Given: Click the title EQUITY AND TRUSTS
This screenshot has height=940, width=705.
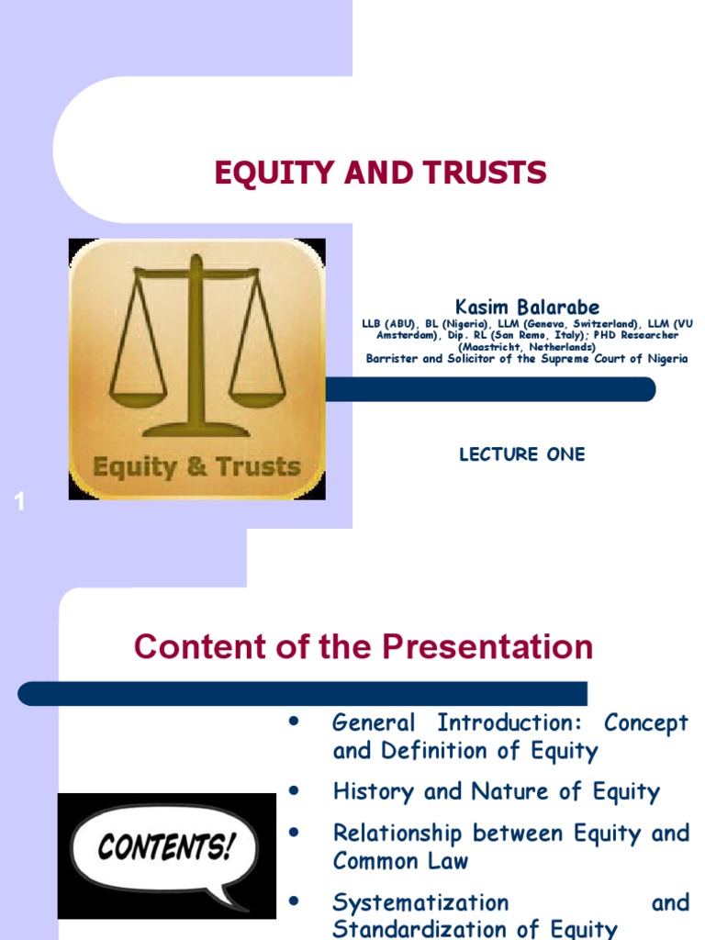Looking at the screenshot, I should pyautogui.click(x=380, y=173).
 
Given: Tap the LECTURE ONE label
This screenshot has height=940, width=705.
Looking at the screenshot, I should pyautogui.click(x=521, y=454).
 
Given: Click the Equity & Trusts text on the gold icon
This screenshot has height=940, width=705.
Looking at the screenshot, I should pyautogui.click(x=196, y=467).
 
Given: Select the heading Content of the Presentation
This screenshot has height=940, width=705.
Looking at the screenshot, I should pyautogui.click(x=364, y=647).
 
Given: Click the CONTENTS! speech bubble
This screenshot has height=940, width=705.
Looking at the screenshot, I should pyautogui.click(x=165, y=846).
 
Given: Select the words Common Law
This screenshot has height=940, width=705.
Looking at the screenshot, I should pyautogui.click(x=400, y=861).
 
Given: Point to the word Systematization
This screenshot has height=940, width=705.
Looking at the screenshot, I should pyautogui.click(x=420, y=902).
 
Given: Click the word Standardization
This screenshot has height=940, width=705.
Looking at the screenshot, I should pyautogui.click(x=426, y=929).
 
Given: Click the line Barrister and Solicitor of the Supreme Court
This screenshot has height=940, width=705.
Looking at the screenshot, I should pyautogui.click(x=527, y=359).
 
